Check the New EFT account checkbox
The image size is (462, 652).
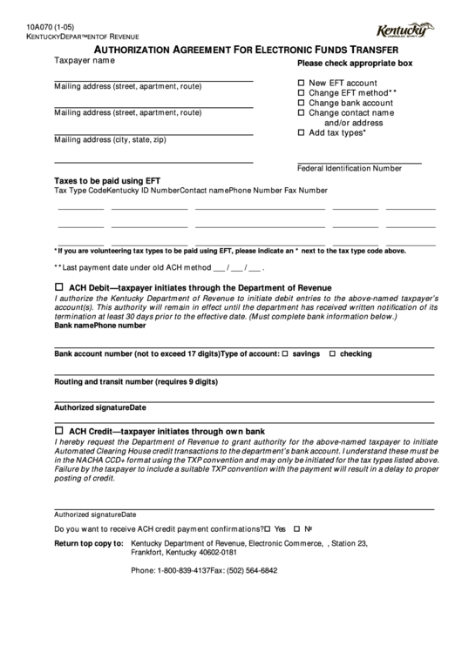click(x=302, y=81)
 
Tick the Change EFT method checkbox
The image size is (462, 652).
click(x=302, y=91)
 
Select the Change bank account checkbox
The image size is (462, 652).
click(x=302, y=102)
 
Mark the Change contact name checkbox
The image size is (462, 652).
click(x=302, y=112)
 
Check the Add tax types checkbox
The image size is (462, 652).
click(x=302, y=133)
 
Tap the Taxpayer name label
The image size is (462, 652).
click(x=85, y=61)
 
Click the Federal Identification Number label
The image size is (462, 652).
click(x=350, y=168)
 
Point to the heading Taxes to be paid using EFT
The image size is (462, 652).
click(x=107, y=181)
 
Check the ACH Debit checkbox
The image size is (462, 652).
click(x=59, y=286)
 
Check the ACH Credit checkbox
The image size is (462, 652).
click(x=59, y=430)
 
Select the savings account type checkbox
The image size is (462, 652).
click(x=284, y=354)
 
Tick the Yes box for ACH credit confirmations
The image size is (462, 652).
click(x=268, y=528)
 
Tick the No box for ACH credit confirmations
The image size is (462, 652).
click(x=296, y=528)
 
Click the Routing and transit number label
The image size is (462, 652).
click(x=136, y=381)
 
